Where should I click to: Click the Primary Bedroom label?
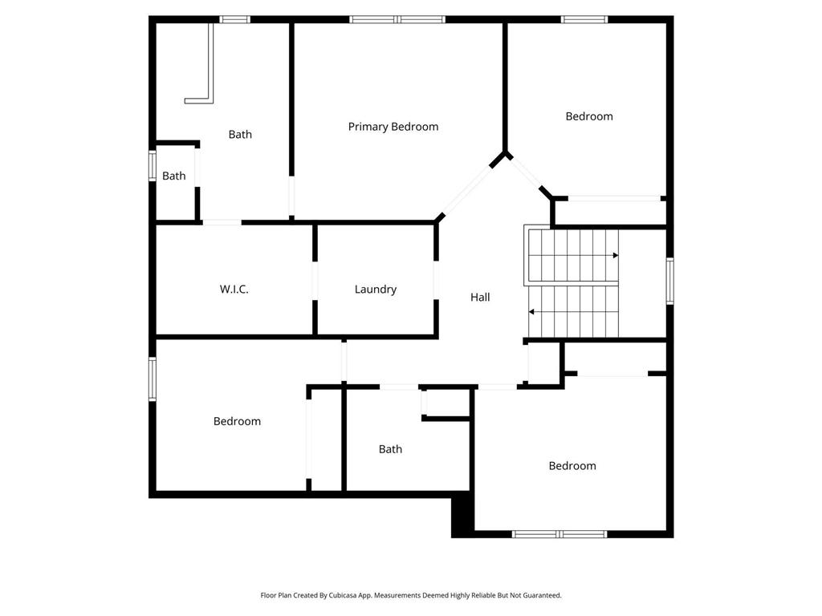pyautogui.click(x=393, y=127)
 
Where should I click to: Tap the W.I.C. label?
pyautogui.click(x=234, y=290)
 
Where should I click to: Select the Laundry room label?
pyautogui.click(x=376, y=290)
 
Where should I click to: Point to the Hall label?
pyautogui.click(x=480, y=298)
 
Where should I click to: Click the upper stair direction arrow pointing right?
pyautogui.click(x=615, y=255)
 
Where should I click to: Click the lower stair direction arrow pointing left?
pyautogui.click(x=532, y=312)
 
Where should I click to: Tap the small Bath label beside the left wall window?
pyautogui.click(x=174, y=176)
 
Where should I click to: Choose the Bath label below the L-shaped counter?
pyautogui.click(x=240, y=135)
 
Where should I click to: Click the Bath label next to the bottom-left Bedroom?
pyautogui.click(x=390, y=449)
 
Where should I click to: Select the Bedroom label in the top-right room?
pyautogui.click(x=589, y=117)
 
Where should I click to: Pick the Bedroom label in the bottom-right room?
pyautogui.click(x=572, y=466)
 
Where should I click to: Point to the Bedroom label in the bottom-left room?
pyautogui.click(x=237, y=422)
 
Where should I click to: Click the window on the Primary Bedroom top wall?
pyautogui.click(x=397, y=19)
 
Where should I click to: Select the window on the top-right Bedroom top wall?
pyautogui.click(x=584, y=19)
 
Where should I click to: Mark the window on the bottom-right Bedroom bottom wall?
pyautogui.click(x=560, y=533)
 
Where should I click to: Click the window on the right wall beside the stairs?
pyautogui.click(x=669, y=281)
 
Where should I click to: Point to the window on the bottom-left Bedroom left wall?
pyautogui.click(x=153, y=379)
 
